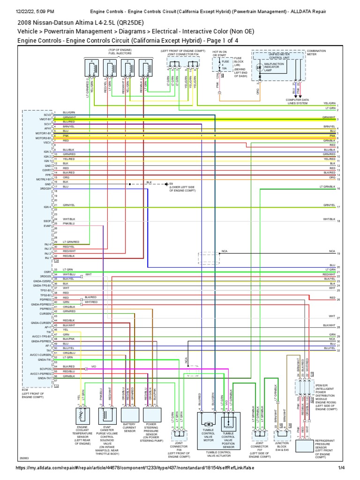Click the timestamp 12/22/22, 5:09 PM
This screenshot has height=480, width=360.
(x=35, y=11)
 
